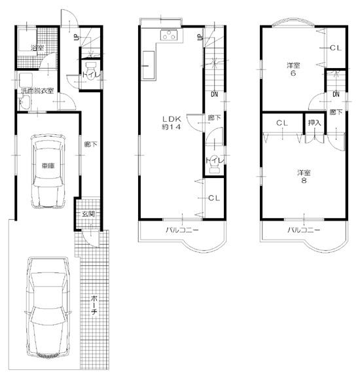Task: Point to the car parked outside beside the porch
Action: coord(48,306)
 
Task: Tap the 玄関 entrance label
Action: coord(88,214)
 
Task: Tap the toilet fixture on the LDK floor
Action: coord(211,168)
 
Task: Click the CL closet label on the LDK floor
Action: coord(214,198)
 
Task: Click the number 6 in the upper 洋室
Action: coord(293,73)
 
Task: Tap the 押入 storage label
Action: coord(315,122)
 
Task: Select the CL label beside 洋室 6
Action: coord(334,48)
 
